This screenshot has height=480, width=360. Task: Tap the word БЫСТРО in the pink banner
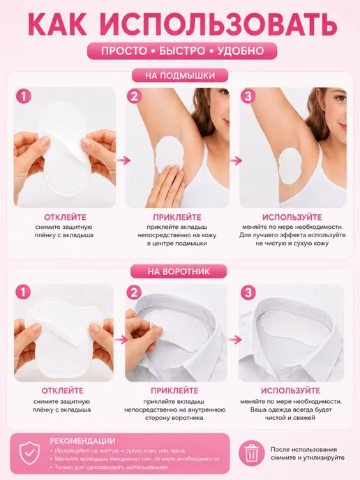[x=182, y=51]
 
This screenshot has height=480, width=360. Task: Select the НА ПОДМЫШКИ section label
[x=180, y=75]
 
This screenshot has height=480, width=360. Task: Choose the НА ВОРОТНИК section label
[x=179, y=271]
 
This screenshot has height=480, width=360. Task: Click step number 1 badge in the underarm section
[x=24, y=96]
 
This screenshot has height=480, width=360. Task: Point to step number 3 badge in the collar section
[x=248, y=292]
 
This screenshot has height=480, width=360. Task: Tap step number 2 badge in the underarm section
[x=135, y=96]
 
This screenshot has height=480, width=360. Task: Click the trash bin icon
[x=251, y=453]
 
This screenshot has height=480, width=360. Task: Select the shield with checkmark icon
[x=30, y=454]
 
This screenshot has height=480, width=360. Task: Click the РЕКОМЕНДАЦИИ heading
[x=82, y=441]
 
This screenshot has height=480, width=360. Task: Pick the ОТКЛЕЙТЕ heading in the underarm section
[x=65, y=217]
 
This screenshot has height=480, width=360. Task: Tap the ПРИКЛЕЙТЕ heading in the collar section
[x=174, y=391]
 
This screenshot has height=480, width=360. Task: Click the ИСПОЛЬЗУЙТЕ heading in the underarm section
[x=292, y=217]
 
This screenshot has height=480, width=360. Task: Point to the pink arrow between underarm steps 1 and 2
[x=123, y=160]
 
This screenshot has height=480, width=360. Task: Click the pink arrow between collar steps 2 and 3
[x=235, y=339]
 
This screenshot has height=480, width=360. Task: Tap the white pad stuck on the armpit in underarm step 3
[x=290, y=165]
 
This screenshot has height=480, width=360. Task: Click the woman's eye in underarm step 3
[x=340, y=98]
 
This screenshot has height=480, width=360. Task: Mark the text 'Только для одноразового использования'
[x=111, y=467]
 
